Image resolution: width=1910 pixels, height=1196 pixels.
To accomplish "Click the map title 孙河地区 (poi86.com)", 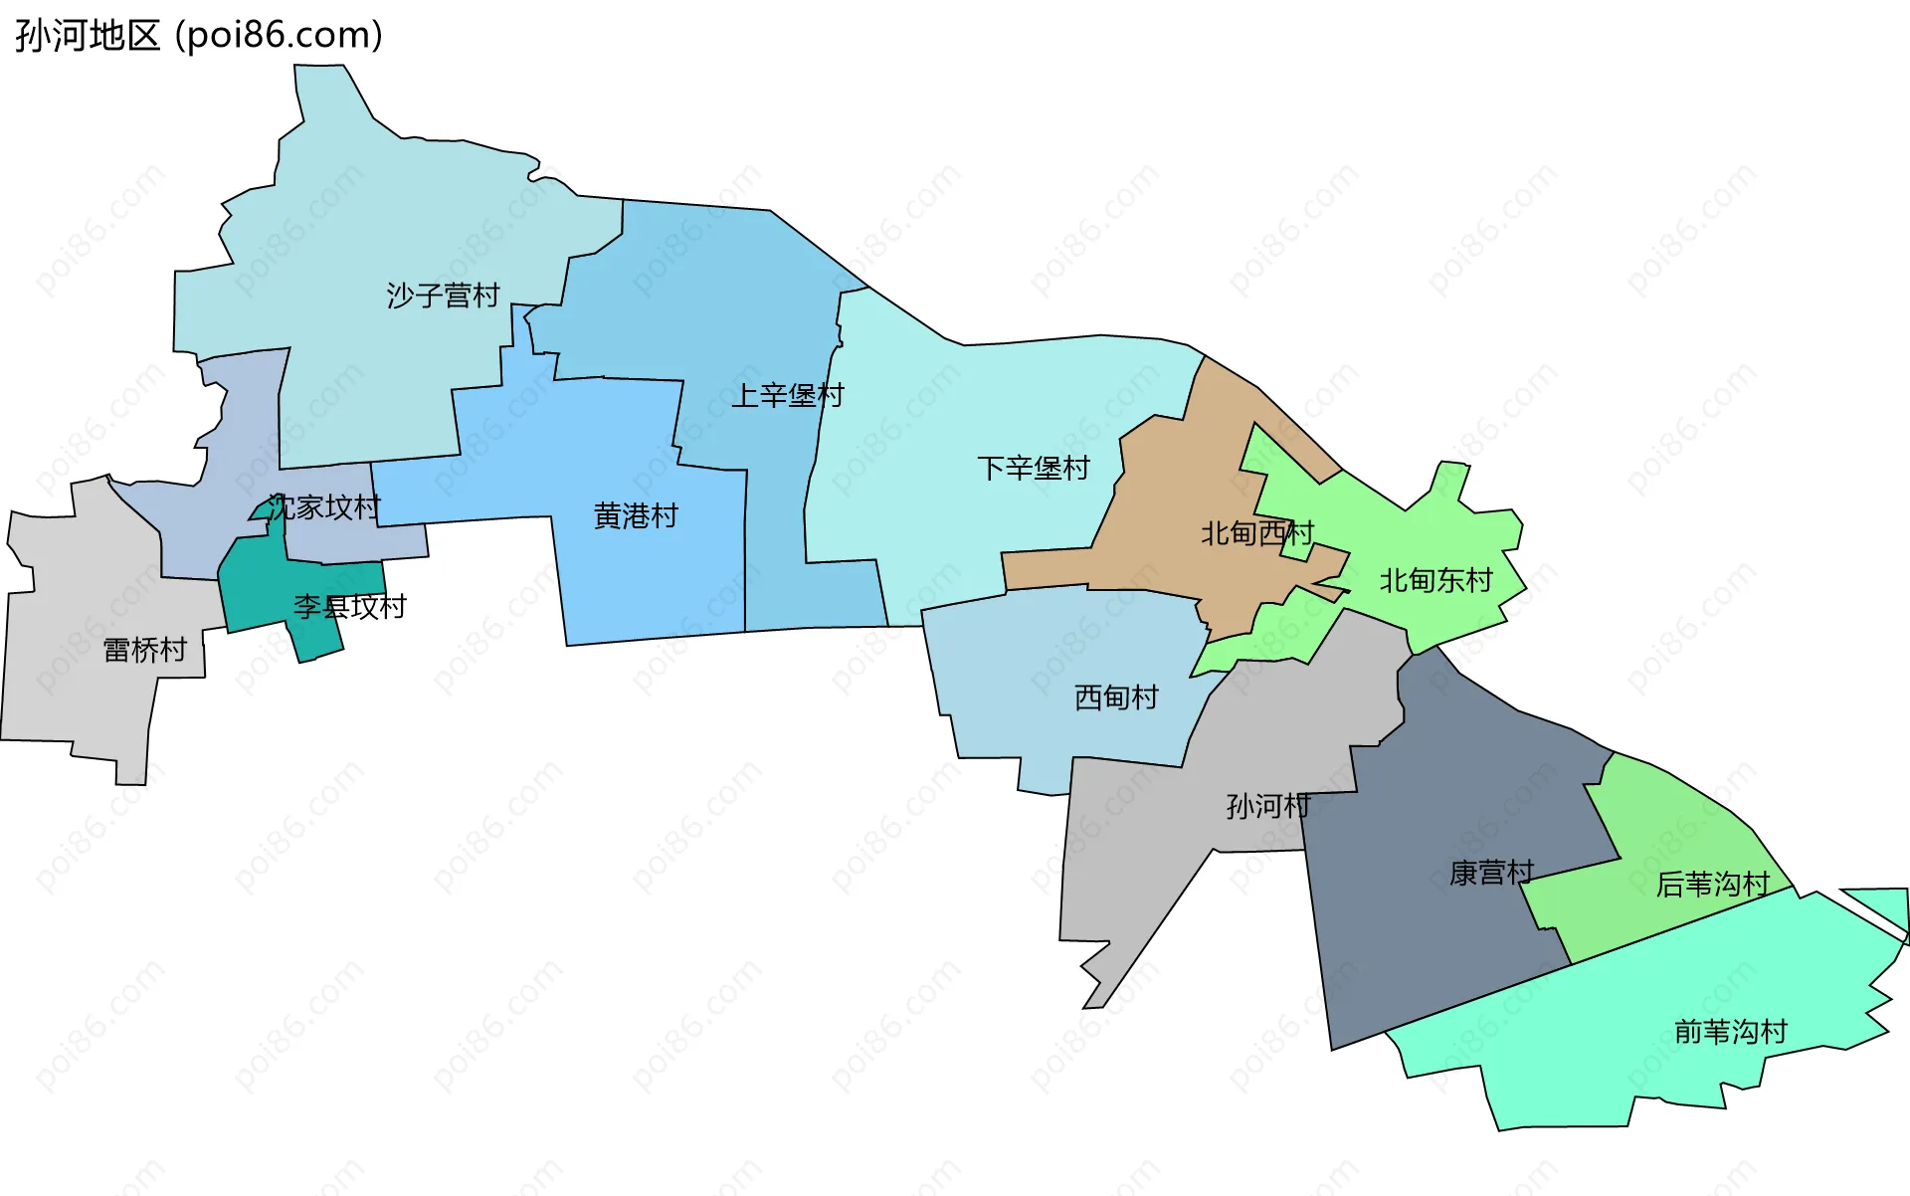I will click(199, 36).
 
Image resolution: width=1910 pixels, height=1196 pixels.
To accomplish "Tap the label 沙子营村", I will click(443, 296).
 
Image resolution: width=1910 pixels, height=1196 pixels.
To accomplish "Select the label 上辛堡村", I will click(788, 396).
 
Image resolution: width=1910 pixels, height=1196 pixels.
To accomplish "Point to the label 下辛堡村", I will click(1034, 468).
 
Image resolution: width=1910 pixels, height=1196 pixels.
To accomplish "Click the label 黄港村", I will click(636, 515).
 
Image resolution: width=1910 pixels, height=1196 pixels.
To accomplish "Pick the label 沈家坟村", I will click(324, 507).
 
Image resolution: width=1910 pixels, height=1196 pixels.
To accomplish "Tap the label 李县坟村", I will click(350, 606).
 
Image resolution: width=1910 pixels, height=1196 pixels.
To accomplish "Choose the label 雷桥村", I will click(145, 650).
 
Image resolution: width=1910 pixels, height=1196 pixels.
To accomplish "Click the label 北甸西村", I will click(1257, 533).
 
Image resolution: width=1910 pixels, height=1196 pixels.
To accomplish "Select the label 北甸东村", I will click(1435, 580).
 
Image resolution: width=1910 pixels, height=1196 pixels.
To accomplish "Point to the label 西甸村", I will click(1116, 697).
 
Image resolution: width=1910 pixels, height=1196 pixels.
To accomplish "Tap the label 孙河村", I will click(1267, 805).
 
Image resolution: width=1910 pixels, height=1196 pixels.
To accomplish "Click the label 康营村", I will click(1491, 873).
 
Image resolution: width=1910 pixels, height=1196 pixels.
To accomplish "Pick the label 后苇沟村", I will click(1712, 884).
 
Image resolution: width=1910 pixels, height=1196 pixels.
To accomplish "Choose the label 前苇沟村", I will click(1730, 1031).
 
